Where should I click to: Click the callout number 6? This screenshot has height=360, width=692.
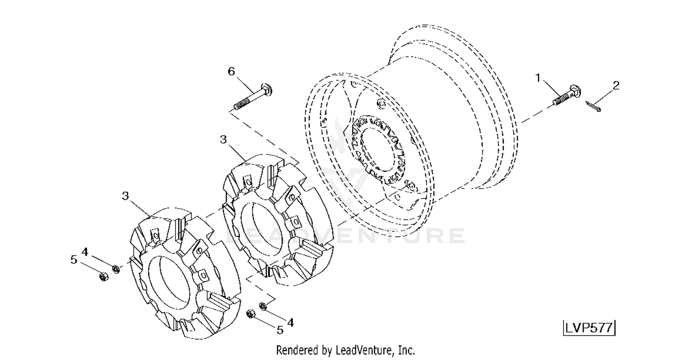coord(232,72)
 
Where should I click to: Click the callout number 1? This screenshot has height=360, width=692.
coord(538,78)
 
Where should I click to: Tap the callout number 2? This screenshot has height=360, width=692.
coord(616,85)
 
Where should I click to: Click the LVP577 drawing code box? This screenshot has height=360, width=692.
coord(589,328)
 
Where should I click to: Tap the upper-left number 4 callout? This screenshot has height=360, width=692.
coord(84,252)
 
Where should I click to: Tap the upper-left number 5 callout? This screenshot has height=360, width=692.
coord(73,259)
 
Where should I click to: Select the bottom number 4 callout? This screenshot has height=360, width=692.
coord(290,323)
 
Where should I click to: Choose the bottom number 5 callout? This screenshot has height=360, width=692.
coord(280,330)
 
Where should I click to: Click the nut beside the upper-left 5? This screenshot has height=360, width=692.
coord(103,276)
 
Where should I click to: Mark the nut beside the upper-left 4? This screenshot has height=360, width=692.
coord(116,269)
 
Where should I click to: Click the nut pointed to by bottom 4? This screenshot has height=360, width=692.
coord(263,306)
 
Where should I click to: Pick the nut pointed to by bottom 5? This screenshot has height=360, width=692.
coord(250,314)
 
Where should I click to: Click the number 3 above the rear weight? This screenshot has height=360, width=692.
coord(223,139)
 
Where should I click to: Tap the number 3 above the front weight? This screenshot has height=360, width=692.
coord(125,196)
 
